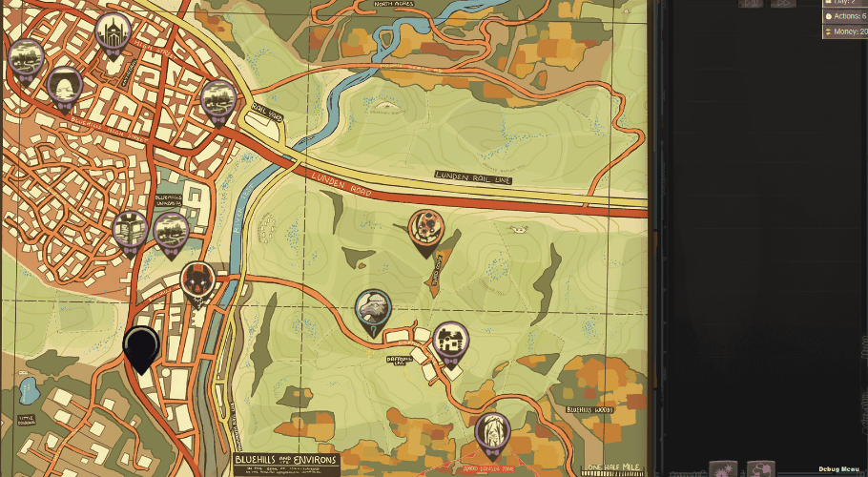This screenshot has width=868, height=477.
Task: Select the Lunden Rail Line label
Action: pos(473,176)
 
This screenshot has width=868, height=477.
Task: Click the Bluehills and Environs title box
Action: pos(285,463)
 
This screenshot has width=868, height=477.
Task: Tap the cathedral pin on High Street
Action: pos(114,33)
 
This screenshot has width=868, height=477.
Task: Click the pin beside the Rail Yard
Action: pos(218,100)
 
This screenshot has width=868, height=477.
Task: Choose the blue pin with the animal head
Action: pos(373,310)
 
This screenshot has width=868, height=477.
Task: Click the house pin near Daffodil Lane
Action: pos(450,342)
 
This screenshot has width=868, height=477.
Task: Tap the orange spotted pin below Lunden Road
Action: pos(426,230)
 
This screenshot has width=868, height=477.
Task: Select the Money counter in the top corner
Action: pos(844,32)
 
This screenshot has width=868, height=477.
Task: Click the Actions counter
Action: pos(844,16)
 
